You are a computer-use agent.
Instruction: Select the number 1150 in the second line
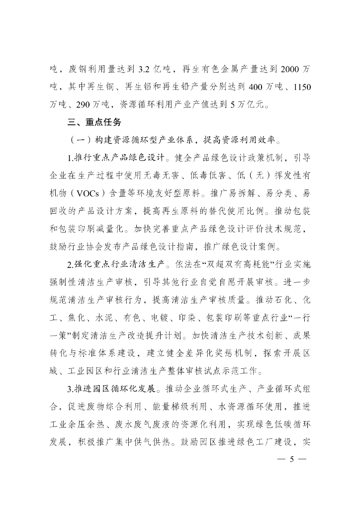[302, 87]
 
